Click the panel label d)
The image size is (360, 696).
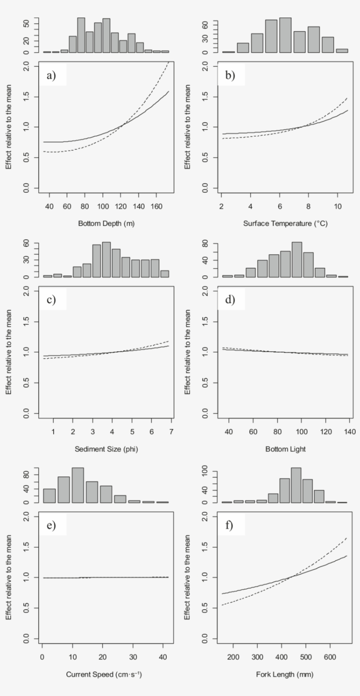(x=230, y=300)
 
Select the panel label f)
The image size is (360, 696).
(x=229, y=525)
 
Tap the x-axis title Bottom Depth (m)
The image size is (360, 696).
(x=106, y=224)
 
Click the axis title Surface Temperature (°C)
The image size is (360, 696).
(x=285, y=224)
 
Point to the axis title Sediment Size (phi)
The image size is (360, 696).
(x=106, y=449)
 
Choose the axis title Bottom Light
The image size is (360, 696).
(x=285, y=449)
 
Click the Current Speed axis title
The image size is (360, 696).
(x=104, y=674)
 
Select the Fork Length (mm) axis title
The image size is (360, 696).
(x=285, y=674)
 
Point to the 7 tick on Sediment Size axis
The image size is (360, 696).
(x=171, y=432)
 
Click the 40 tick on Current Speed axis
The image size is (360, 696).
(x=163, y=657)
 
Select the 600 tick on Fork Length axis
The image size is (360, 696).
(x=330, y=657)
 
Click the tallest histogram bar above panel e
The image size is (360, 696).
(x=78, y=485)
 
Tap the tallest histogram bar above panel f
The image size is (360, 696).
(x=296, y=485)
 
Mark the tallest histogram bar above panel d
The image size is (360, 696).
(x=297, y=260)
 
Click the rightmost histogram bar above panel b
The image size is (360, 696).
(x=342, y=50)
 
